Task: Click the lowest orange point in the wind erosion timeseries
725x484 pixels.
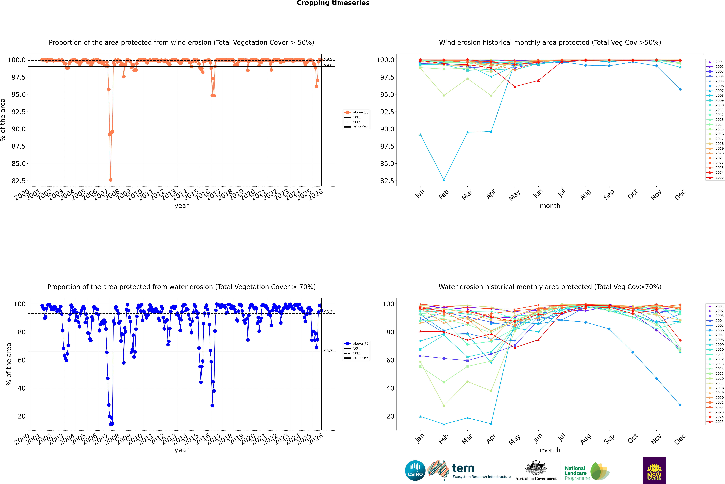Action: pyautogui.click(x=111, y=180)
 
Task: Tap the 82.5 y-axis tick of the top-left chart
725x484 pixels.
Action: pyautogui.click(x=19, y=181)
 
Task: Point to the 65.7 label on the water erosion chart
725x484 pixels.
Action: pyautogui.click(x=328, y=351)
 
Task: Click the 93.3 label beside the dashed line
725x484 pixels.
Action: pyautogui.click(x=328, y=312)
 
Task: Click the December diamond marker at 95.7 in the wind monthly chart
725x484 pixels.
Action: pyautogui.click(x=680, y=89)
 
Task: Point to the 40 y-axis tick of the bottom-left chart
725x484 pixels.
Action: pyautogui.click(x=22, y=388)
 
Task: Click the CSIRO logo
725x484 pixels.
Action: pyautogui.click(x=415, y=470)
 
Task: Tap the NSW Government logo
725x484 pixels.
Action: pyautogui.click(x=654, y=470)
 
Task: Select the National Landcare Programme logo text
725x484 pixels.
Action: pyautogui.click(x=575, y=473)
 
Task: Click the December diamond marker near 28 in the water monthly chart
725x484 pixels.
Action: pyautogui.click(x=680, y=405)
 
